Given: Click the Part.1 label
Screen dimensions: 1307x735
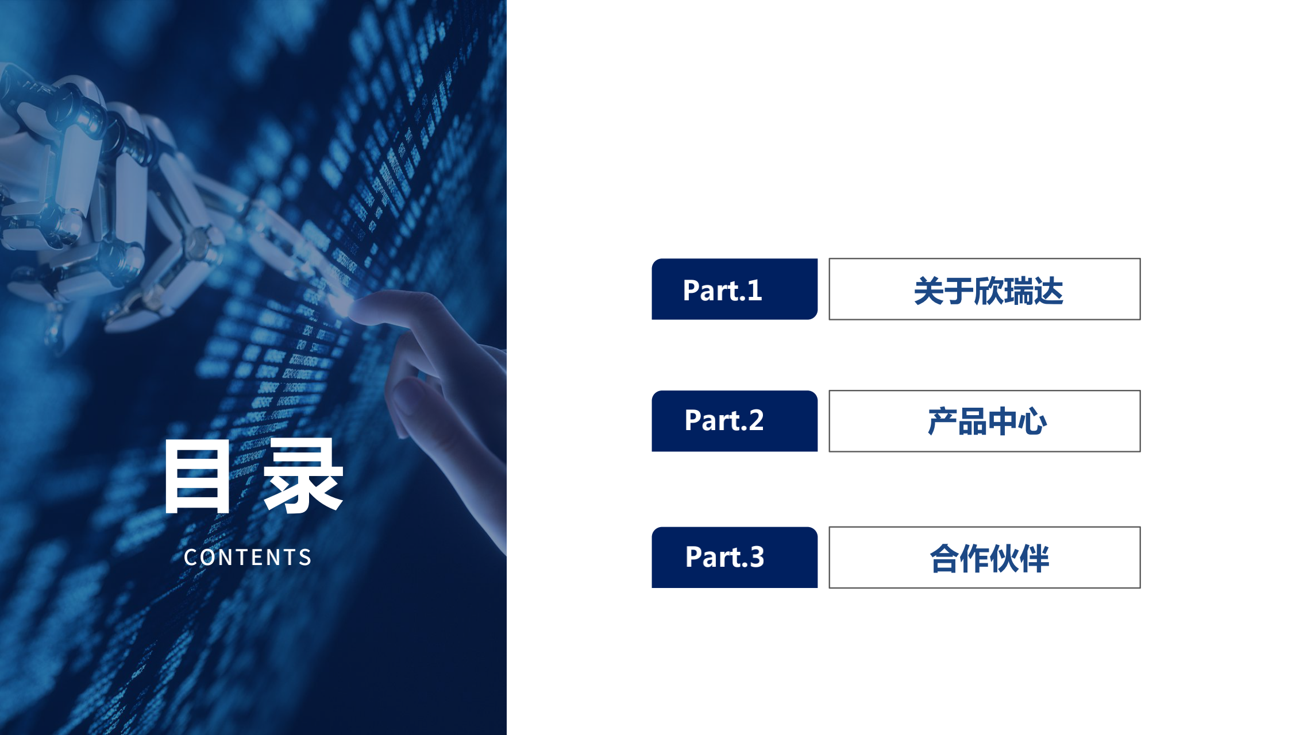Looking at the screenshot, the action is (x=722, y=290).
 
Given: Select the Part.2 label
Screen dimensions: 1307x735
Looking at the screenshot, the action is (x=724, y=420).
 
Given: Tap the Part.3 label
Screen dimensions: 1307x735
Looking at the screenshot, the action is (x=724, y=557).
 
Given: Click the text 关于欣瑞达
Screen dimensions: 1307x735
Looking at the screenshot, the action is (x=988, y=291).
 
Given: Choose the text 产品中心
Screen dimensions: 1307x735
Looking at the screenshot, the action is (x=987, y=421).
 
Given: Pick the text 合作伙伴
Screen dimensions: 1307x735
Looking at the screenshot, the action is (x=989, y=558).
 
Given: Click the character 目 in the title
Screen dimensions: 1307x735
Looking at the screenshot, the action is (x=197, y=477).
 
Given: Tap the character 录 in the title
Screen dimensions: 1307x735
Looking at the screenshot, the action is (x=303, y=475).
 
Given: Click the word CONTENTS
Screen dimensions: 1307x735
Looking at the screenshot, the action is (x=248, y=558).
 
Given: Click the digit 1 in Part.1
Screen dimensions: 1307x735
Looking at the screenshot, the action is (x=754, y=291).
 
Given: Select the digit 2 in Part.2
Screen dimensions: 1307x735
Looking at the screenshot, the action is (x=755, y=420).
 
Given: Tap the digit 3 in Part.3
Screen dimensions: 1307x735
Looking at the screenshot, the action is (x=756, y=557).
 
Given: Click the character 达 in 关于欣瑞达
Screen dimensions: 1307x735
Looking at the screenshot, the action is (x=1048, y=291).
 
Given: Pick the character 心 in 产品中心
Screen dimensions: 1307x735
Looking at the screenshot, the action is (x=1032, y=421).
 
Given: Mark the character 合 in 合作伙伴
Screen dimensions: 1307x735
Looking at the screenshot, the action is (x=944, y=558).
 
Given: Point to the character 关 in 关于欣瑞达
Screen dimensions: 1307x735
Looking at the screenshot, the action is (x=928, y=291).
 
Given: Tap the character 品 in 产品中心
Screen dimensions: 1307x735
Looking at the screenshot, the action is (x=972, y=421).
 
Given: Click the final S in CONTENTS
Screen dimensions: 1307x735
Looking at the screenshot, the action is (x=305, y=558).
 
